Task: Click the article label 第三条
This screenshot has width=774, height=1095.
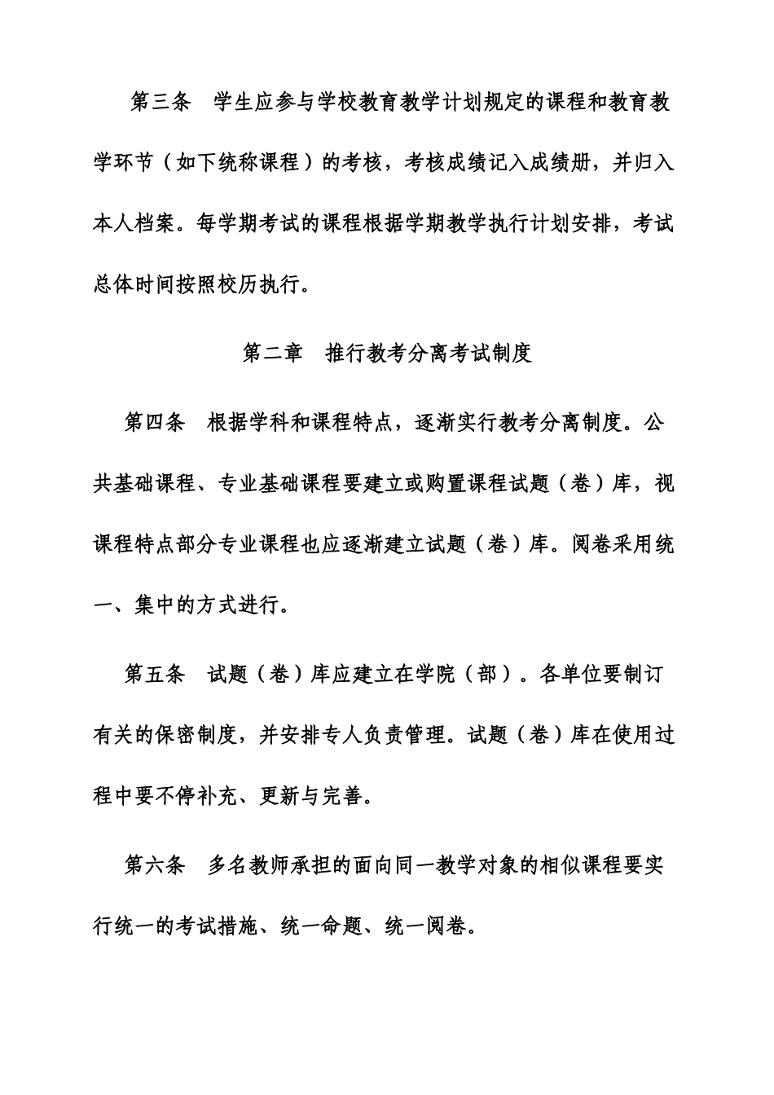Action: tap(160, 103)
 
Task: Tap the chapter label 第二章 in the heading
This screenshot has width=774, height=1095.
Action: tap(272, 353)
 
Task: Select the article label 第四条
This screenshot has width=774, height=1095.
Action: tap(154, 424)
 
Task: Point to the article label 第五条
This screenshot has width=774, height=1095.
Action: tap(154, 675)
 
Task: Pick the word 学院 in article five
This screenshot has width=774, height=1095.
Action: tap(437, 675)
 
